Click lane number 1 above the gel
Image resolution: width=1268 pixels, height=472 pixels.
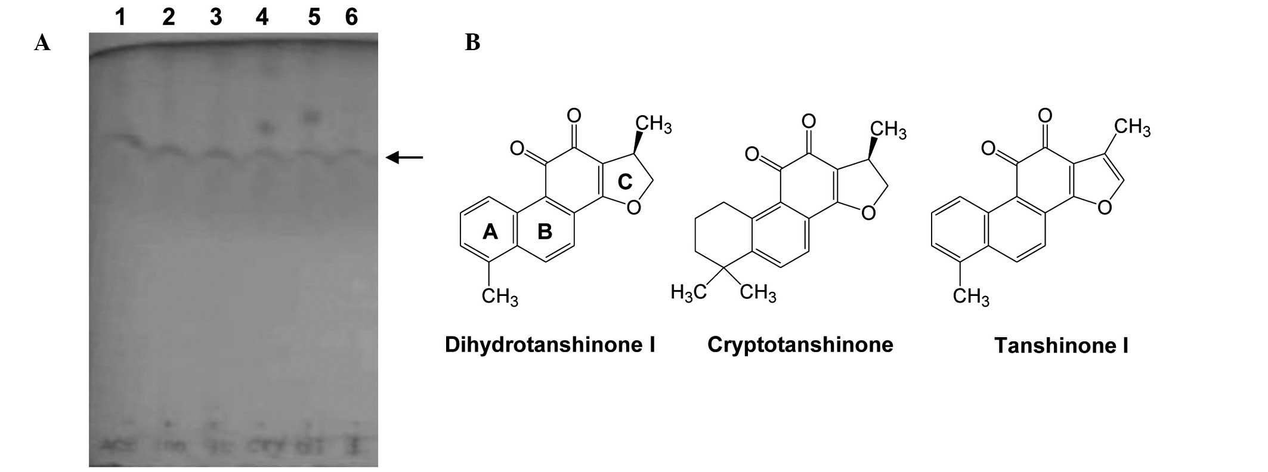click(x=120, y=17)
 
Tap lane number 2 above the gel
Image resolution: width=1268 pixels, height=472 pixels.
click(x=169, y=17)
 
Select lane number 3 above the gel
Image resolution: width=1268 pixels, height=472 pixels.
click(x=215, y=17)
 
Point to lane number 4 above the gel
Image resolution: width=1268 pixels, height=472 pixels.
click(x=262, y=17)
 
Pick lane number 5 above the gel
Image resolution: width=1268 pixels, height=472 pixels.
click(x=314, y=17)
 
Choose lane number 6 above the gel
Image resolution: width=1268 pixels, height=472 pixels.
click(x=351, y=17)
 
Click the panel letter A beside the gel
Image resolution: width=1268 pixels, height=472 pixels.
click(x=42, y=43)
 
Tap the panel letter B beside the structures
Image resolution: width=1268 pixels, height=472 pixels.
click(x=472, y=43)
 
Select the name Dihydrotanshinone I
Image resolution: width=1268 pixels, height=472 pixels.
click(x=550, y=345)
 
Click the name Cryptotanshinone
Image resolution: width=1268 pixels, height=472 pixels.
click(x=800, y=345)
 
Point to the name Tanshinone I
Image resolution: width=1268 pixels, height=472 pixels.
click(x=1061, y=346)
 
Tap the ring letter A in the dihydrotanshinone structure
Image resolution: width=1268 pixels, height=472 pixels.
click(x=490, y=232)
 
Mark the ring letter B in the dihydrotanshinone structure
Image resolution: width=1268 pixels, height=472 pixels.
click(x=545, y=232)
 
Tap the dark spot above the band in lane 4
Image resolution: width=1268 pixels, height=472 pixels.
click(x=267, y=127)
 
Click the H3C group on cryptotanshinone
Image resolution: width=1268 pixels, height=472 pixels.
click(x=688, y=292)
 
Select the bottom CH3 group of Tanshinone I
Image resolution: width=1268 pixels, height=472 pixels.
click(x=971, y=296)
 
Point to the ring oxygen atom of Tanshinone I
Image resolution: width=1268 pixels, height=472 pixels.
click(x=1104, y=208)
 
